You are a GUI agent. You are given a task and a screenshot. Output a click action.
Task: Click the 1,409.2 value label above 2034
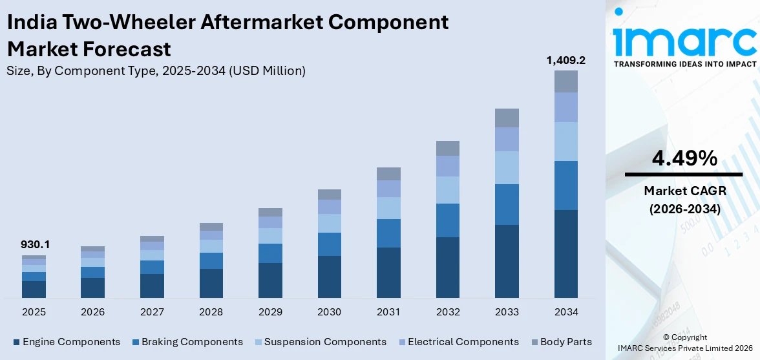[x=565, y=60]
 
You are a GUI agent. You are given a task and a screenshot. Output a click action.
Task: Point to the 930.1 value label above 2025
[x=35, y=245]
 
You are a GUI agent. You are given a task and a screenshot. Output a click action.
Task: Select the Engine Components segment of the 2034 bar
[x=565, y=253]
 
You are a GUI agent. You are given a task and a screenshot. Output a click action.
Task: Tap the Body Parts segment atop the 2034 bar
[x=565, y=81]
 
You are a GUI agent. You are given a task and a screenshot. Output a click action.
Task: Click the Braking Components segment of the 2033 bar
[x=507, y=204]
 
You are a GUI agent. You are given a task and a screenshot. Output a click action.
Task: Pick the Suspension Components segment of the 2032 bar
[x=447, y=190]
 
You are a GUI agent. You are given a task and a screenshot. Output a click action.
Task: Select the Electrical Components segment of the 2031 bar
[x=388, y=188]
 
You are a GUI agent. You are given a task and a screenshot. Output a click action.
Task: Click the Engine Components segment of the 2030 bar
[x=329, y=277]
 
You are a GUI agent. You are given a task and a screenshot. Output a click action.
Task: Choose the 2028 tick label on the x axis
[x=211, y=312]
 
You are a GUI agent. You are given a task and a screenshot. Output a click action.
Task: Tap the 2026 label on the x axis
[x=92, y=312]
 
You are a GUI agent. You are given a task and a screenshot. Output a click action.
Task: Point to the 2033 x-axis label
[x=507, y=312]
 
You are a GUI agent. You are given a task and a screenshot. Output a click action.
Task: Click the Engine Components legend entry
[x=66, y=342]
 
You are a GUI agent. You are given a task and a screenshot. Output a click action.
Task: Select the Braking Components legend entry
[x=187, y=342]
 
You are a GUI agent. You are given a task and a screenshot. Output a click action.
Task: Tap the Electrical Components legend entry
[x=458, y=342]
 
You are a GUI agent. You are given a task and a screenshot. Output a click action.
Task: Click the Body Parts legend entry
[x=560, y=342]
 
